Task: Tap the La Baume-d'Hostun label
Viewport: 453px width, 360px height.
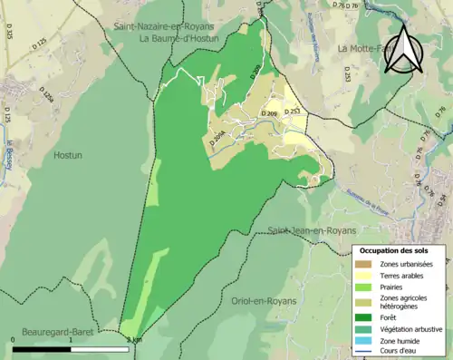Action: [182, 40]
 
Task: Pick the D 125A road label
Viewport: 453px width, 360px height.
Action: [47, 92]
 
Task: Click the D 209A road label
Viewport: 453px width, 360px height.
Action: [218, 139]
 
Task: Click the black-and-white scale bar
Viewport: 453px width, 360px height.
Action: [69, 348]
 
